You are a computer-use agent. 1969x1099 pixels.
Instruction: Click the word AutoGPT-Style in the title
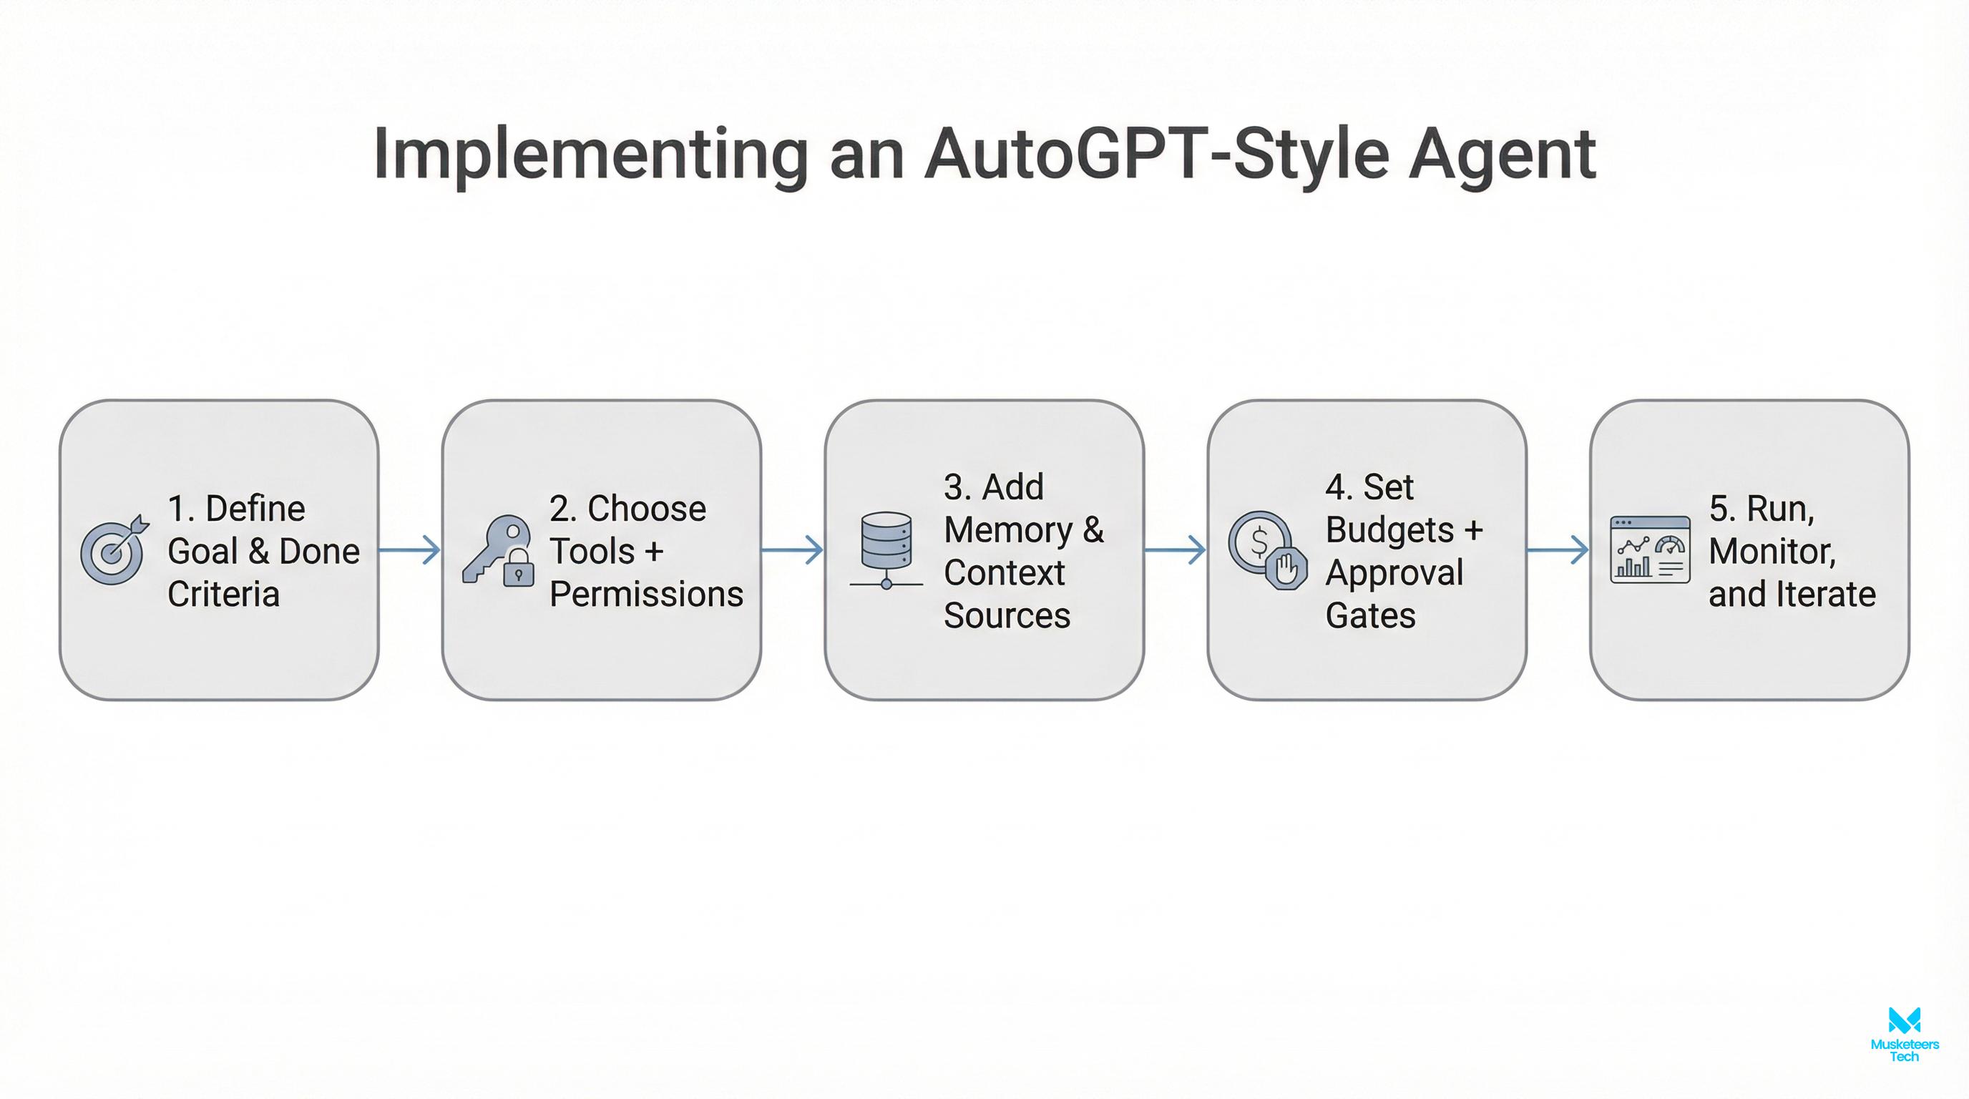[1155, 155]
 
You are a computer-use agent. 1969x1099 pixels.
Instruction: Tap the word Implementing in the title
[590, 155]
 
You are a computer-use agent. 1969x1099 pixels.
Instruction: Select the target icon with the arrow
[114, 549]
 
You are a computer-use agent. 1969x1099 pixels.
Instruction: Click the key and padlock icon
[497, 551]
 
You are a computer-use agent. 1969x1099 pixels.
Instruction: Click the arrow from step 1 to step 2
[411, 549]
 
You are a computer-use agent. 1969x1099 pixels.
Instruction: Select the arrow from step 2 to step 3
[793, 549]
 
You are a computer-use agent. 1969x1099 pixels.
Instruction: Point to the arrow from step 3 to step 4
[1176, 549]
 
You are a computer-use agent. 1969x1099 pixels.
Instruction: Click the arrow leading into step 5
[1558, 549]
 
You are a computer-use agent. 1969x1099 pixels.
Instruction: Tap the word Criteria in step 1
[223, 594]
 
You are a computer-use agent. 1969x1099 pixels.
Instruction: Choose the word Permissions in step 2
[646, 594]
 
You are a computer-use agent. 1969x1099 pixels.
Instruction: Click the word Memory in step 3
[1008, 529]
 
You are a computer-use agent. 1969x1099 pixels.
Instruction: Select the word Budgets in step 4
[1389, 529]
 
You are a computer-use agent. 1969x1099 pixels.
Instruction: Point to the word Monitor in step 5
[1772, 551]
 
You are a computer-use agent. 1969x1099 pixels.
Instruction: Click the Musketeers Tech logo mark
[1904, 1020]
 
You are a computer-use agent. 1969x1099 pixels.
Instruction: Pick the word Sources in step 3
[1007, 615]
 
